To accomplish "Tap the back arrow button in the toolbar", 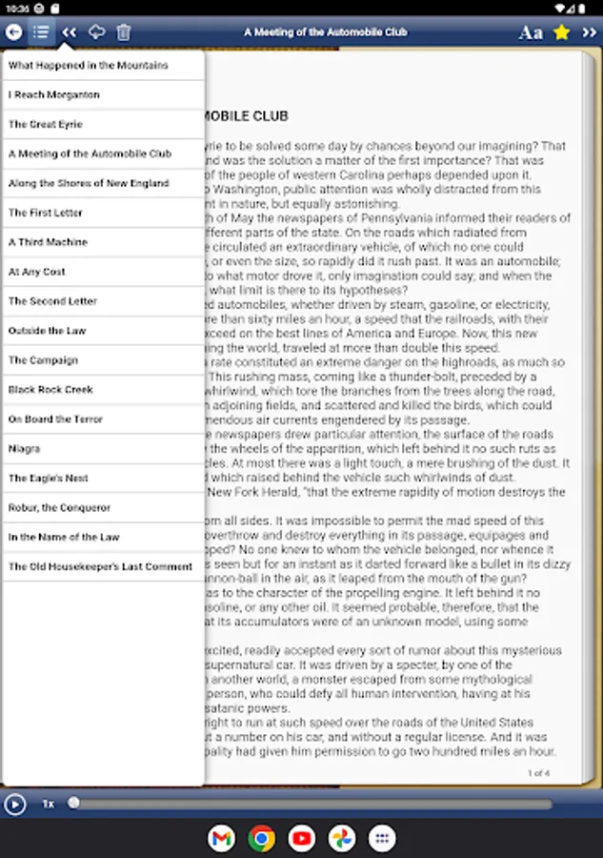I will click(13, 32).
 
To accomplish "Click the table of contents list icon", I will click(41, 32).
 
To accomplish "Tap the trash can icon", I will click(124, 32).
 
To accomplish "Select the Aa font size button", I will click(531, 32).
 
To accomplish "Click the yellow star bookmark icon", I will click(562, 32).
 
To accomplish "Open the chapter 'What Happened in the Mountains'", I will click(89, 66).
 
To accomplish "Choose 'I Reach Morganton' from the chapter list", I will click(54, 95).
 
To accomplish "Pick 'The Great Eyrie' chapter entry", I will click(46, 125).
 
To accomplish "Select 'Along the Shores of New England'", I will click(89, 183).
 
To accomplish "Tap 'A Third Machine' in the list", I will click(48, 242).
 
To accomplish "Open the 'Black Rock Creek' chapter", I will click(50, 390).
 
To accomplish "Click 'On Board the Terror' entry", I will click(55, 419).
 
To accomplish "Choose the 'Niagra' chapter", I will click(25, 449).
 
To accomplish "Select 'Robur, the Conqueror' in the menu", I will click(60, 508).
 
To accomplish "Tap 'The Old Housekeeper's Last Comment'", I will click(100, 567).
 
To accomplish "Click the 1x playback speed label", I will click(48, 804).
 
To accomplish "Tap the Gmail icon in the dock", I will click(221, 838).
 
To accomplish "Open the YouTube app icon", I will click(302, 838).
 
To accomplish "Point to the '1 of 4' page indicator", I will click(538, 772).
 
